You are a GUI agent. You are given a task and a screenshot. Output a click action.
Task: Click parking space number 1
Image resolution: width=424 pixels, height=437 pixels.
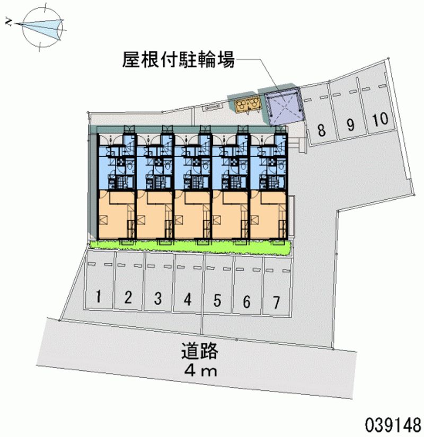[99, 297]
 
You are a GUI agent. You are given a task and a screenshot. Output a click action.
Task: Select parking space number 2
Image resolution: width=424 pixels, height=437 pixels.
[128, 298]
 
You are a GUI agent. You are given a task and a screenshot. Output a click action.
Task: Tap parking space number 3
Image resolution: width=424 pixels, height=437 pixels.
[158, 298]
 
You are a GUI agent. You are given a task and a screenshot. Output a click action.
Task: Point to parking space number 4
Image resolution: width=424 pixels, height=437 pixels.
[188, 299]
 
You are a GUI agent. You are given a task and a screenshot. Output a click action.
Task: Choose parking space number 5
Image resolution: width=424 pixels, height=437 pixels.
[217, 300]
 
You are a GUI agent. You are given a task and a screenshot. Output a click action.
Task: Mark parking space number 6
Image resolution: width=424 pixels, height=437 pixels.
[246, 301]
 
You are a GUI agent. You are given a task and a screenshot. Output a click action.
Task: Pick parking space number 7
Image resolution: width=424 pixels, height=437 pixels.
[276, 302]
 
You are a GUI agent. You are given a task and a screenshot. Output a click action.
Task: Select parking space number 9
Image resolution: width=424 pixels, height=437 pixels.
[350, 124]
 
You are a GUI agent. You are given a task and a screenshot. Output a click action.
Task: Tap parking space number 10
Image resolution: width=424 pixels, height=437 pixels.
[379, 119]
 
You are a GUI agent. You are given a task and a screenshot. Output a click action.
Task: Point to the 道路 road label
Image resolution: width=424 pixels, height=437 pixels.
[200, 351]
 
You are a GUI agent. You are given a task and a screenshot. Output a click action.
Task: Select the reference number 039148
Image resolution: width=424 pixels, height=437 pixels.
[392, 425]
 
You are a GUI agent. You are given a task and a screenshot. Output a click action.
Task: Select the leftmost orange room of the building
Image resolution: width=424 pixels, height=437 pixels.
[116, 215]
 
